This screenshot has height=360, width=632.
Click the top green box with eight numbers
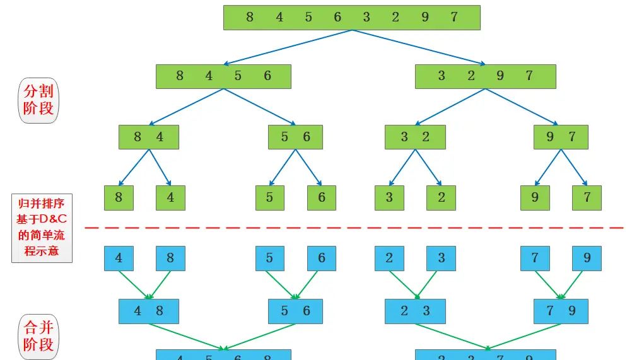tap(351, 18)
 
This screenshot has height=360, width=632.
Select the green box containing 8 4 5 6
tap(223, 76)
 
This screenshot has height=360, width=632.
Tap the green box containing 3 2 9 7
tap(485, 76)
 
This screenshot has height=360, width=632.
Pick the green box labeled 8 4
tap(149, 137)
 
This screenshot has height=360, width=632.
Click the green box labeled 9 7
tap(561, 137)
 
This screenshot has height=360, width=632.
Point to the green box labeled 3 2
tap(415, 137)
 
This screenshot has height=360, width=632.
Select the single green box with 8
tap(119, 197)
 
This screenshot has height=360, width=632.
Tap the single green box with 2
tap(441, 197)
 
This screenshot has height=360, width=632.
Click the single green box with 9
tap(535, 197)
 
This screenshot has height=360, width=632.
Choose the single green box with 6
tap(322, 197)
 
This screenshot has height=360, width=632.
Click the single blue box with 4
tap(119, 258)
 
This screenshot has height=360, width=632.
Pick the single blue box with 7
tap(535, 258)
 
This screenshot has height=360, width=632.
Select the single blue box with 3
tap(441, 258)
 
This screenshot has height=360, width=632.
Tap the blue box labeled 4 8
tap(149, 311)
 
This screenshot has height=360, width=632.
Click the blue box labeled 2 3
tap(415, 311)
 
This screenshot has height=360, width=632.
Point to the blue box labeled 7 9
tap(561, 311)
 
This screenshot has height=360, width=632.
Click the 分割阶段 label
tap(38, 100)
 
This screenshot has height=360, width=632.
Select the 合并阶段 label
tap(38, 335)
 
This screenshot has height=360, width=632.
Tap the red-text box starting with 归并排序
tap(42, 228)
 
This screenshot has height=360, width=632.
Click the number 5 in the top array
tap(308, 18)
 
